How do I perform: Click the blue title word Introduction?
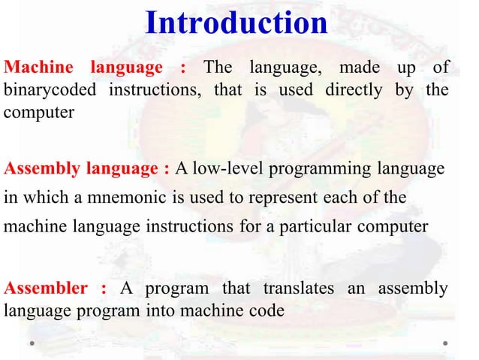pyautogui.click(x=236, y=23)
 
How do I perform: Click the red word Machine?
pyautogui.click(x=39, y=68)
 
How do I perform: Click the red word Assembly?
pyautogui.click(x=41, y=168)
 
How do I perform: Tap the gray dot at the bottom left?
pyautogui.click(x=33, y=343)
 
